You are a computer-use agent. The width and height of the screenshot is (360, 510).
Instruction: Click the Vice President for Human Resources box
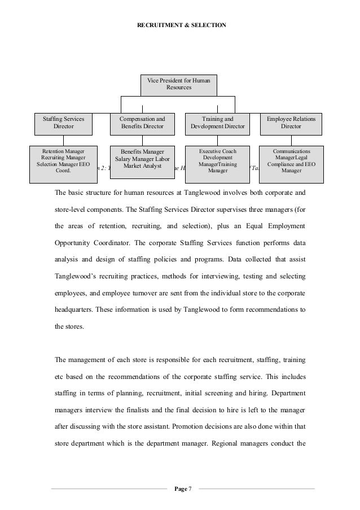178,85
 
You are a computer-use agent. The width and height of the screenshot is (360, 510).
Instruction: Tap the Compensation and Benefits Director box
142,123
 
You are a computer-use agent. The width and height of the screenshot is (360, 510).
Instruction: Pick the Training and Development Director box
218,123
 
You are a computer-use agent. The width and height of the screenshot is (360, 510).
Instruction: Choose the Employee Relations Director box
291,123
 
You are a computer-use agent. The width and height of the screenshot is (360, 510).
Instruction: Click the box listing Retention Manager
64,164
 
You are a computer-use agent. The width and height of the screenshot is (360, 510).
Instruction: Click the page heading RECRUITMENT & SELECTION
180,25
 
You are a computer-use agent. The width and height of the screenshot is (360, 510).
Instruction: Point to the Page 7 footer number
182,488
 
